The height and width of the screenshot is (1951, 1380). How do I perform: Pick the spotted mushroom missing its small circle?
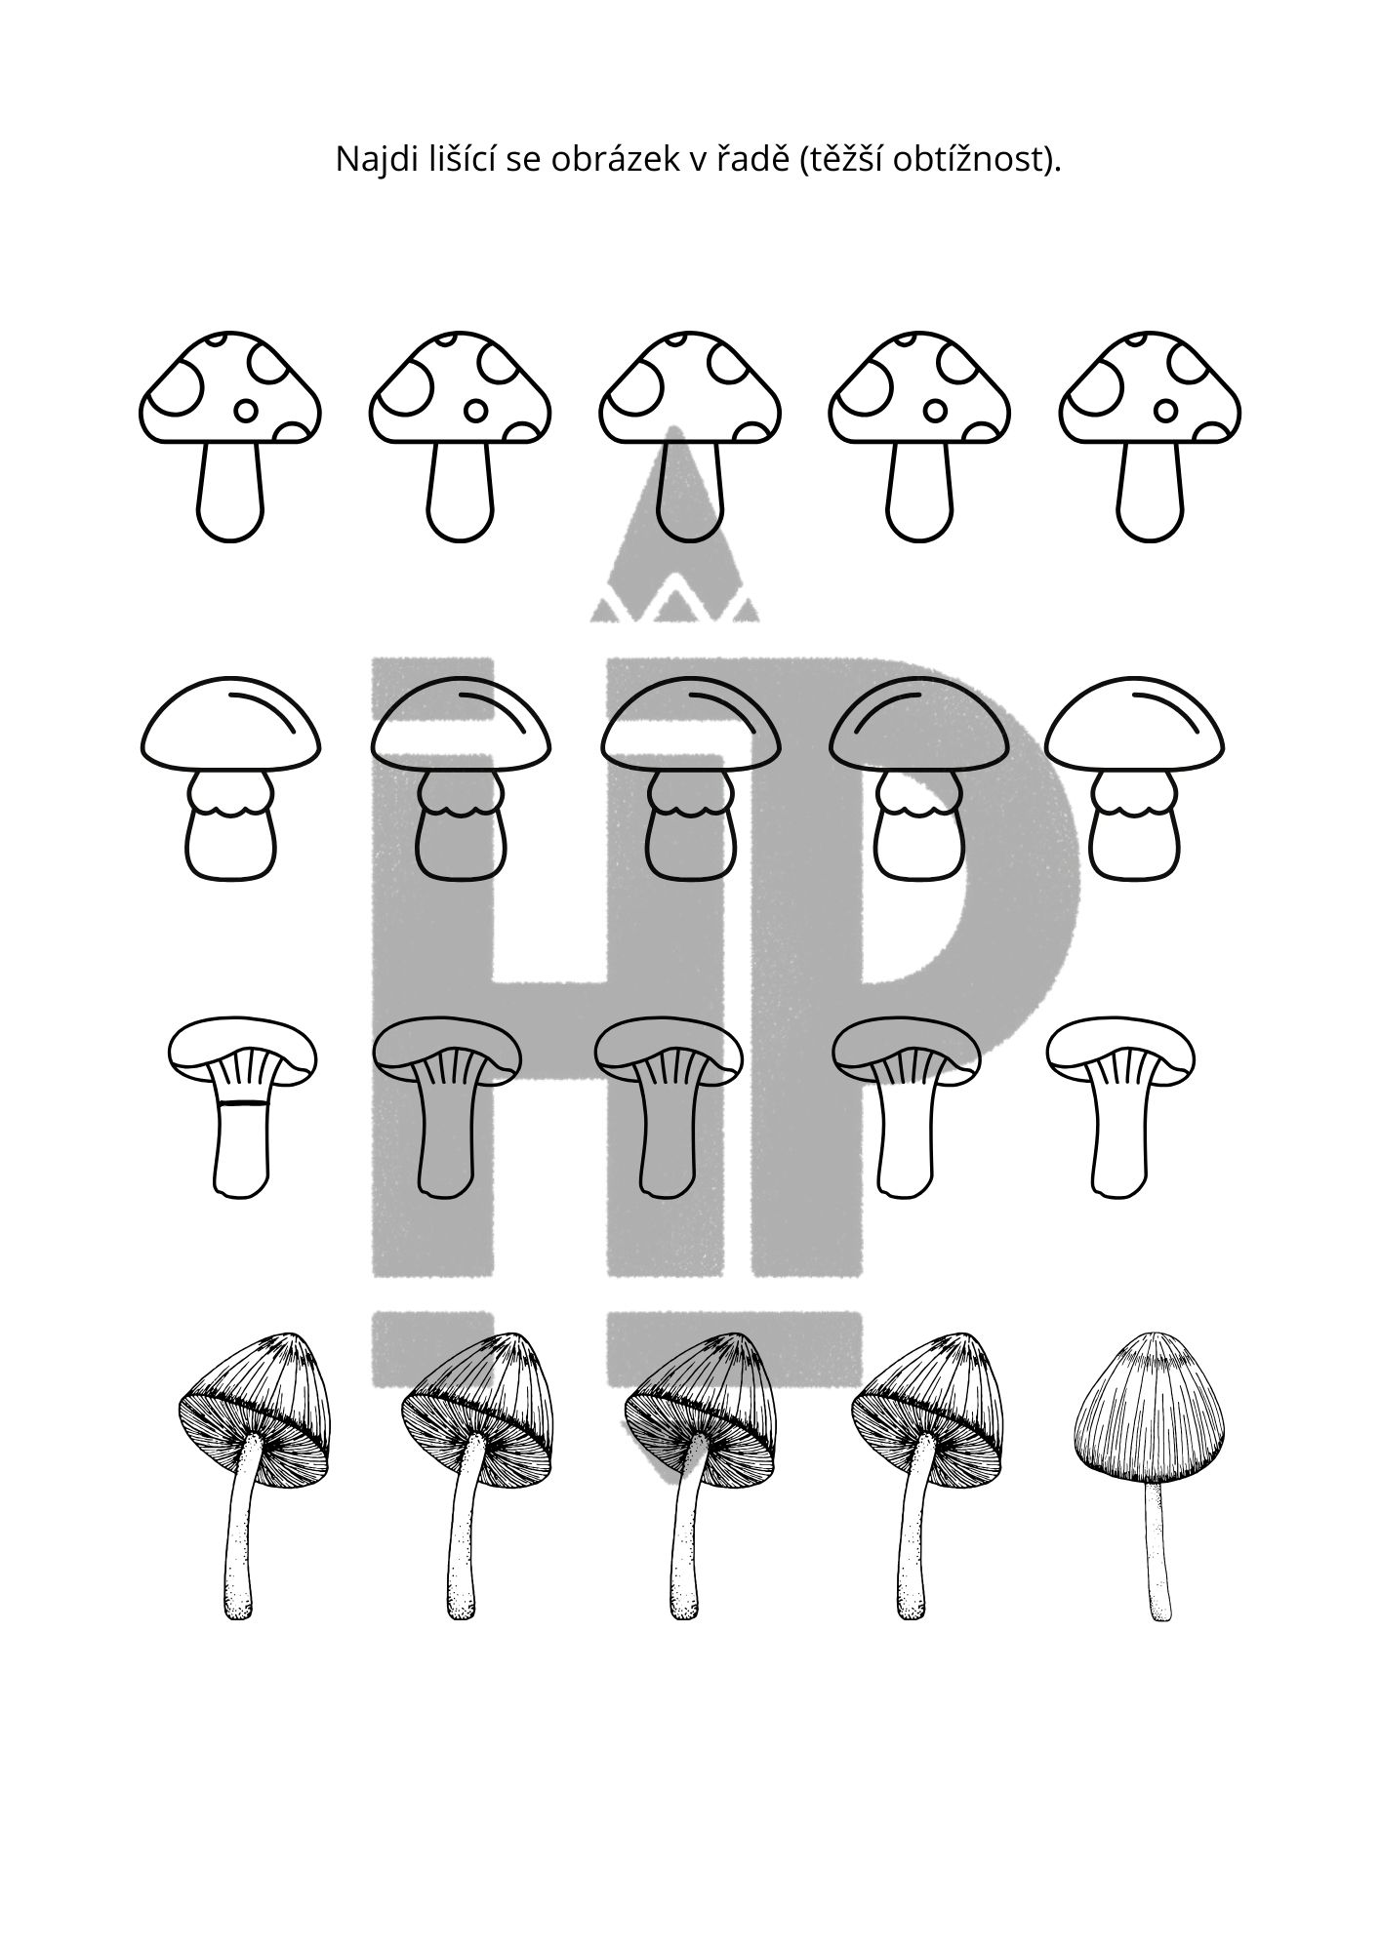coord(690,435)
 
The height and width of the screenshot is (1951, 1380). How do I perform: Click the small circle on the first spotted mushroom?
coord(246,411)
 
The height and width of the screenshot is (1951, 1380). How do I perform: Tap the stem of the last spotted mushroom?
coord(1152,492)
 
